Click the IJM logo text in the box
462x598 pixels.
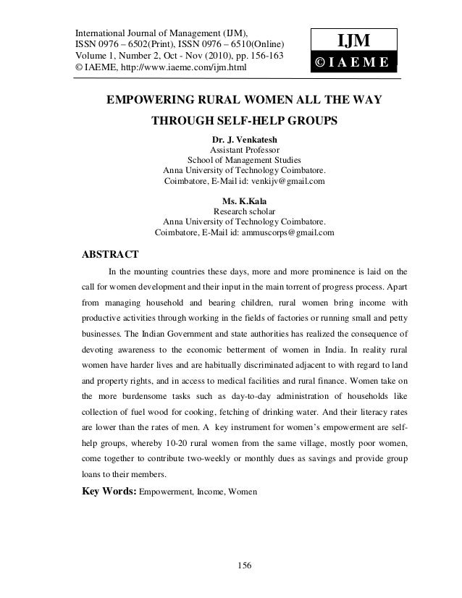[x=353, y=40]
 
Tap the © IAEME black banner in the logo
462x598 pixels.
[x=353, y=64]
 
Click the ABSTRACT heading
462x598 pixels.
[x=109, y=255]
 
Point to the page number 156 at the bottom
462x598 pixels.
[x=245, y=565]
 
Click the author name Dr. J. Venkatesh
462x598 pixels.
[x=245, y=139]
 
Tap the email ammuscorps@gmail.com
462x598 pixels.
[x=287, y=232]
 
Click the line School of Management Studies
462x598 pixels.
[x=245, y=160]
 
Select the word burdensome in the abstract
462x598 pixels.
[x=138, y=397]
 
